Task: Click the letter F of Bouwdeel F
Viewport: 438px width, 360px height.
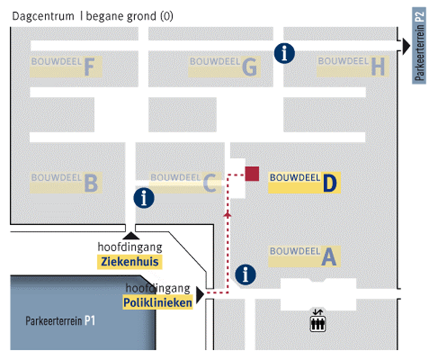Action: tap(89, 67)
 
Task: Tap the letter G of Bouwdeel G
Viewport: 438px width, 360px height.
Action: tap(249, 68)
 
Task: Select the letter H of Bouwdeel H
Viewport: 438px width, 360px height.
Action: tap(378, 67)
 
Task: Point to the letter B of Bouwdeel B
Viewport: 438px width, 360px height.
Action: tap(90, 184)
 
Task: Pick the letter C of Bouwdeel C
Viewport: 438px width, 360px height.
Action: tap(209, 183)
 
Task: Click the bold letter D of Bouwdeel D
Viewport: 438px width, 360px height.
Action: tap(329, 183)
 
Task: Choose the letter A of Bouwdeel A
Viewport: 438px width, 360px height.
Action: tap(328, 257)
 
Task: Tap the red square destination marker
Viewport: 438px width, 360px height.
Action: tap(252, 173)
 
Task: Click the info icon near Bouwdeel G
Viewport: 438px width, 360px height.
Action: tap(284, 53)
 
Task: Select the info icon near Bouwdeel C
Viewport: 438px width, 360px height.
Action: tap(144, 198)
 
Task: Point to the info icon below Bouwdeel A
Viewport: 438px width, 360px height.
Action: tap(246, 274)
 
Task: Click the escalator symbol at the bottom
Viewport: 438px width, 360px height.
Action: tap(318, 320)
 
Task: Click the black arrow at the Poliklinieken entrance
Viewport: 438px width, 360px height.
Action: tap(200, 295)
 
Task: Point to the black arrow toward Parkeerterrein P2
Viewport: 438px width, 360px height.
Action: tap(406, 44)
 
